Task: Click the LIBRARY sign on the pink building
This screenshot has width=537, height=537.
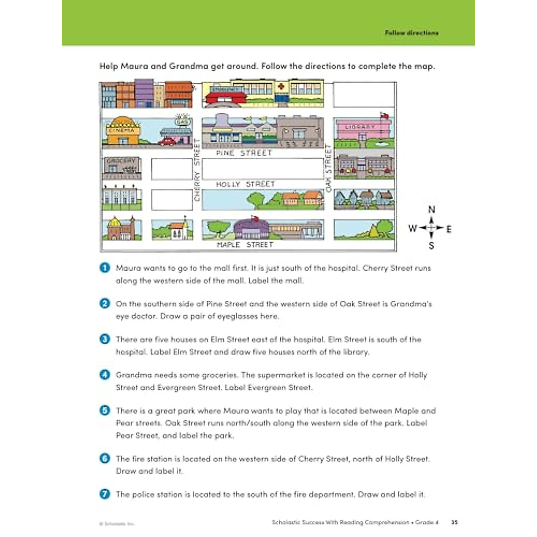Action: point(360,127)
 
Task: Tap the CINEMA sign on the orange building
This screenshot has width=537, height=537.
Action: point(121,130)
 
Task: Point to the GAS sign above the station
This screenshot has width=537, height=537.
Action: point(183,121)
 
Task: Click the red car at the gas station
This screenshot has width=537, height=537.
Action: point(167,142)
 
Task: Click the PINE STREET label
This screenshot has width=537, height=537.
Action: point(244,153)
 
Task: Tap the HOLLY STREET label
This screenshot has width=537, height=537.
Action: point(245,184)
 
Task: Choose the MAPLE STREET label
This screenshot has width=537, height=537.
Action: point(245,245)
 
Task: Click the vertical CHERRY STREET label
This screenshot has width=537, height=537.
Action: point(197,170)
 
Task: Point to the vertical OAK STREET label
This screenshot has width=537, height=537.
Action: point(328,168)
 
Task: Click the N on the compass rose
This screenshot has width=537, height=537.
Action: point(431,209)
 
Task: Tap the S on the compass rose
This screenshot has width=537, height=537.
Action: point(431,246)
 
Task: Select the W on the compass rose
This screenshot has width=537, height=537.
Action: point(412,228)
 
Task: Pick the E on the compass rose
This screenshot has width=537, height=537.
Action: point(449,229)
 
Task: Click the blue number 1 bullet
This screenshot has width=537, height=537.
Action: point(105,268)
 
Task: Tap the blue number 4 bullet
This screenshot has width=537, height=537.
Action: point(105,375)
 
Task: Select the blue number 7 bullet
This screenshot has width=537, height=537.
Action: point(105,494)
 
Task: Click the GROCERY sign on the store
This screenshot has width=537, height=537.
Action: point(121,160)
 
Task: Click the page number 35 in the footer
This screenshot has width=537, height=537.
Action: point(454,522)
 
